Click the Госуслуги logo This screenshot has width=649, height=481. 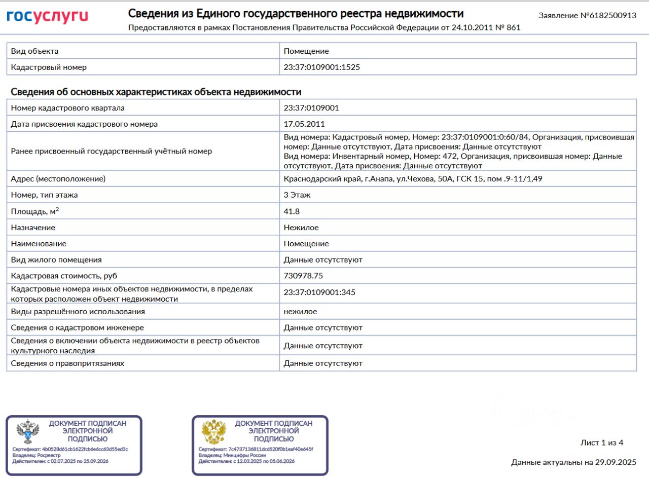(x=47, y=17)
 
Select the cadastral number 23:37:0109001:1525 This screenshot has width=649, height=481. (x=321, y=67)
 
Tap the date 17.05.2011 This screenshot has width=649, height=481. (x=304, y=124)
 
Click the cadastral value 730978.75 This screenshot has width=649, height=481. (x=303, y=276)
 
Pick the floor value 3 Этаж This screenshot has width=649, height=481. (x=297, y=195)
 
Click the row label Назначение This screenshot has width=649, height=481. (x=33, y=228)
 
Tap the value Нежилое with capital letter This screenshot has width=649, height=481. (x=301, y=228)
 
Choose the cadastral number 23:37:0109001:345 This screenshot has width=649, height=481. (x=319, y=292)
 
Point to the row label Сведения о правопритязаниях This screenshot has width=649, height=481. (x=67, y=363)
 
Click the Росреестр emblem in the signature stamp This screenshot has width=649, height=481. (x=27, y=432)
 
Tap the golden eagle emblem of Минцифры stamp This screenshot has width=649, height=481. (x=214, y=432)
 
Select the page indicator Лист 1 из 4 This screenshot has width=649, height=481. (x=602, y=443)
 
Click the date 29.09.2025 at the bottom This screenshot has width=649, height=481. (x=615, y=462)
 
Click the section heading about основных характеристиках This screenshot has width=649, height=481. (x=156, y=92)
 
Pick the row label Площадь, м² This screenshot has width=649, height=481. (x=39, y=211)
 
